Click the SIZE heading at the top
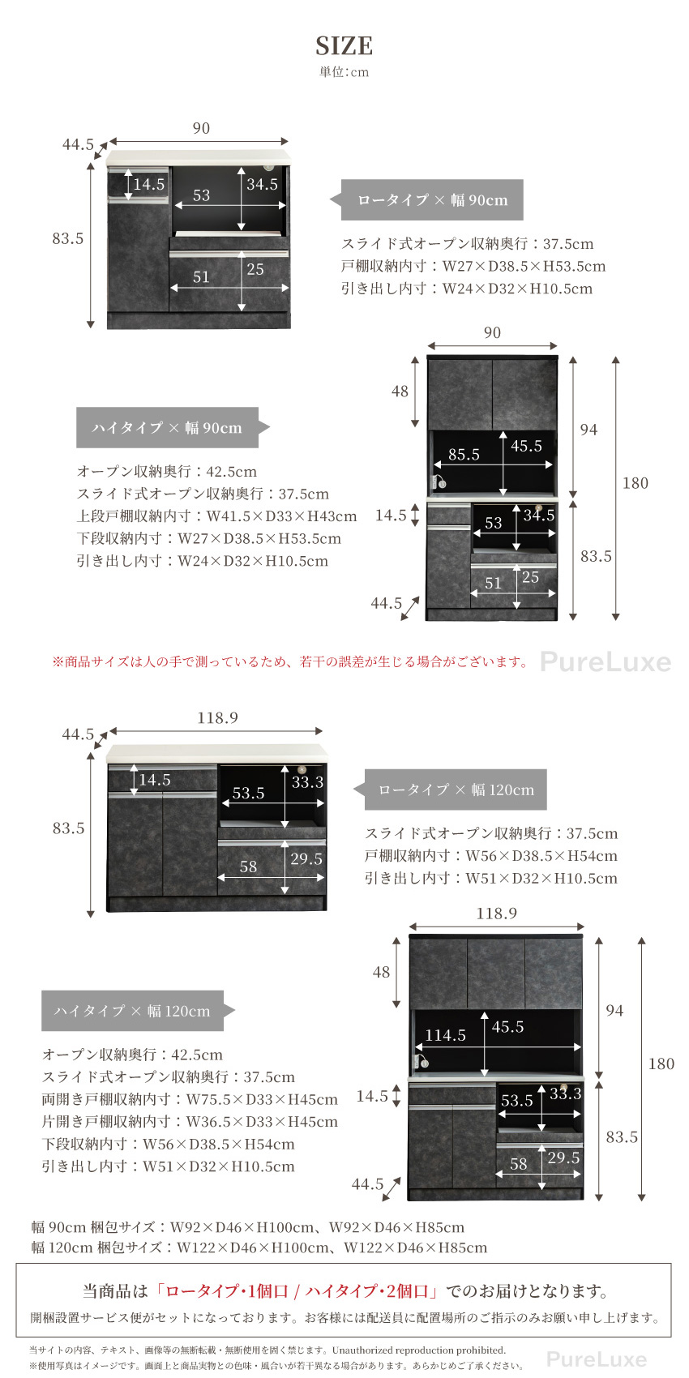344,45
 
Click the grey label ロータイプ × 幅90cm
432,200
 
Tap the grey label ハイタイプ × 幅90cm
167,428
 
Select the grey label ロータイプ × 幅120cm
456,790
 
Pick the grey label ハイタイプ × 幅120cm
132,1011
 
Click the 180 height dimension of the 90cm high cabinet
635,483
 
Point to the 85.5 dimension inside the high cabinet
464,455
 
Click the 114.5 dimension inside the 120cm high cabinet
445,1035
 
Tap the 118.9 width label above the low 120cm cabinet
217,718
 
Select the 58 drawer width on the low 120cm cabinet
248,867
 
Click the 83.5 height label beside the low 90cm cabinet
68,238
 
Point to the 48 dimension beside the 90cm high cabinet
400,392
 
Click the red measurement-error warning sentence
290,661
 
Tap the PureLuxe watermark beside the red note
606,662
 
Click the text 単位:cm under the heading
344,72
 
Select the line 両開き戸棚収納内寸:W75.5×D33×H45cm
190,1099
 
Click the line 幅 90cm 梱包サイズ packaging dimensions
247,1227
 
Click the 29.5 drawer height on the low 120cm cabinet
306,859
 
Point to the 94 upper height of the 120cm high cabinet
614,1010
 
